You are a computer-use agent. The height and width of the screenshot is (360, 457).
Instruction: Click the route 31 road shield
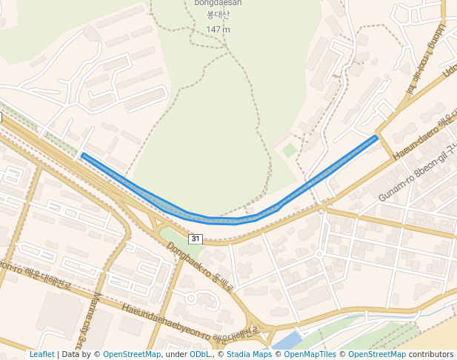pos(195,239)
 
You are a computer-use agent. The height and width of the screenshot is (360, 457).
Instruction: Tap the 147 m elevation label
pos(218,30)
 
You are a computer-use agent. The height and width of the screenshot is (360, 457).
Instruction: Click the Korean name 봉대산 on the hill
pos(219,15)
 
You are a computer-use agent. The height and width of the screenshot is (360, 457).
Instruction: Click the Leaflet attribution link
pos(42,354)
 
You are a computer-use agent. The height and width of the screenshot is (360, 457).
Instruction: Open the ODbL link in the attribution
pos(200,354)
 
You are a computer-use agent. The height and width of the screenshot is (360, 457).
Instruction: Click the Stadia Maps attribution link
pos(249,354)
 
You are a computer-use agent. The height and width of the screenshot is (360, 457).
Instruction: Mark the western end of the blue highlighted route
pos(82,155)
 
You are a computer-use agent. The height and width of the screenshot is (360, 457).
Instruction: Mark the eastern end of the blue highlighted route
pos(377,136)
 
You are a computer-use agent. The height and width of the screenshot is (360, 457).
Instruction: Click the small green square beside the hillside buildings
pos(290,150)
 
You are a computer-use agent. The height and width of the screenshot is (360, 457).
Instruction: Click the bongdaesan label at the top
pos(219,3)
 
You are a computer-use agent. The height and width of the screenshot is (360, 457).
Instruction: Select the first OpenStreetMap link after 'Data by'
pos(132,354)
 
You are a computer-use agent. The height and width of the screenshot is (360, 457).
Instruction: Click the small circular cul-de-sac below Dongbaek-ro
pos(190,299)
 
